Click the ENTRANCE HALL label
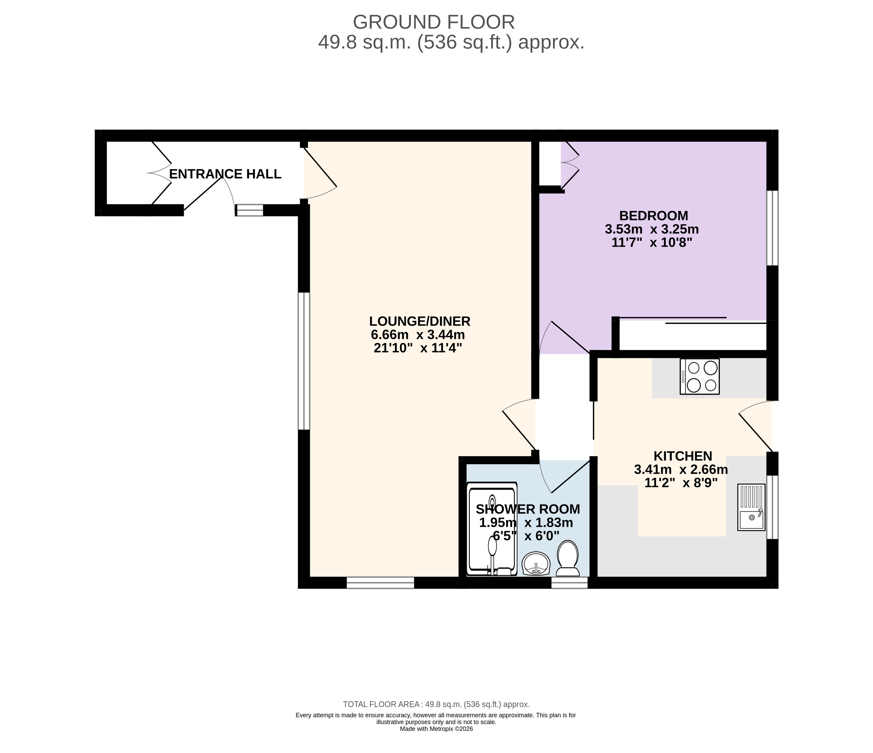pos(225,174)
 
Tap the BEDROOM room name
pos(653,216)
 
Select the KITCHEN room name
pos(683,456)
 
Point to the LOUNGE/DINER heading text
pos(420,321)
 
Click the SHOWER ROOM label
pos(528,509)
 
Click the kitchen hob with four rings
pos(700,377)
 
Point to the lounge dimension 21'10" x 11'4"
pos(418,348)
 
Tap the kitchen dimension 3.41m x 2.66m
pos(681,470)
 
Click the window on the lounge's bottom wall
pos(380,583)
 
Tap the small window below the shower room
pos(569,583)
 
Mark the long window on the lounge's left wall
pos(304,361)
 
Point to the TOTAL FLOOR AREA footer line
pos(436,704)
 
